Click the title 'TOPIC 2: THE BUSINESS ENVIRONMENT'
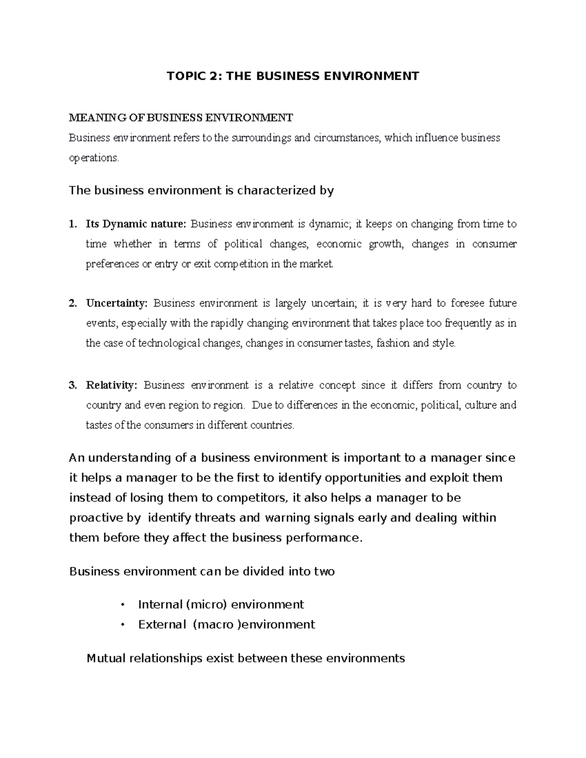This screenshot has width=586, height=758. [x=293, y=76]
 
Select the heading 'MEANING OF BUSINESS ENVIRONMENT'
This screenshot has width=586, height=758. [x=181, y=118]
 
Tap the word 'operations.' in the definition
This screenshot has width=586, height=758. [x=94, y=158]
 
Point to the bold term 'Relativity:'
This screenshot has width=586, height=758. [x=112, y=385]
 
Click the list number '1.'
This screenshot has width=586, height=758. [x=73, y=225]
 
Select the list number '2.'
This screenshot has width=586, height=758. [x=73, y=303]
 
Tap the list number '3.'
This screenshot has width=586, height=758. [x=73, y=385]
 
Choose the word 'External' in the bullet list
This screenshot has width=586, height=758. [x=162, y=625]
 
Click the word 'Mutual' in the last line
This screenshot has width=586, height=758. [x=105, y=658]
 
